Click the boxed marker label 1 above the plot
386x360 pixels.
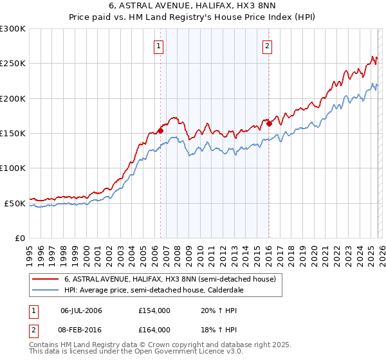coord(158,46)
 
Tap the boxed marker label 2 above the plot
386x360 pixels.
coord(267,46)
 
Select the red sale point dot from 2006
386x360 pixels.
coord(160,130)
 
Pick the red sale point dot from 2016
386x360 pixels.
coord(269,123)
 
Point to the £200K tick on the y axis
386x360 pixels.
coord(13,98)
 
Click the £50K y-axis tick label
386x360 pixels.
coord(15,203)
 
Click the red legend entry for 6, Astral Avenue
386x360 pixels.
coord(170,279)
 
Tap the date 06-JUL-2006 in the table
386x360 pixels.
coord(81,310)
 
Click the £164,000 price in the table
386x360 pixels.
coord(154,330)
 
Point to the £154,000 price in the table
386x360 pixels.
coord(154,310)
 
